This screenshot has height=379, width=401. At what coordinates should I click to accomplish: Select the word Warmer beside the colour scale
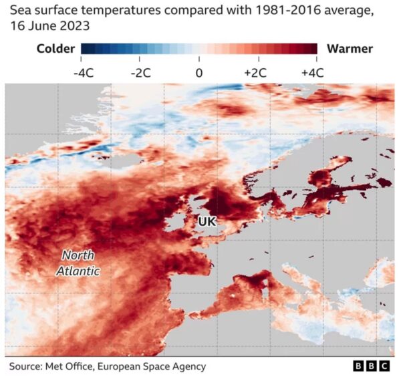350,48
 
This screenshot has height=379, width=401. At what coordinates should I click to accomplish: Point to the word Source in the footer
25,366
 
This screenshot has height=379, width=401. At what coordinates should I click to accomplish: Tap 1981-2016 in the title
261,10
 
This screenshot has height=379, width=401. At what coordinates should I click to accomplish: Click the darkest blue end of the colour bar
84,48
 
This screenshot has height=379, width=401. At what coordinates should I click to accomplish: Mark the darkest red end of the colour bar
313,48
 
